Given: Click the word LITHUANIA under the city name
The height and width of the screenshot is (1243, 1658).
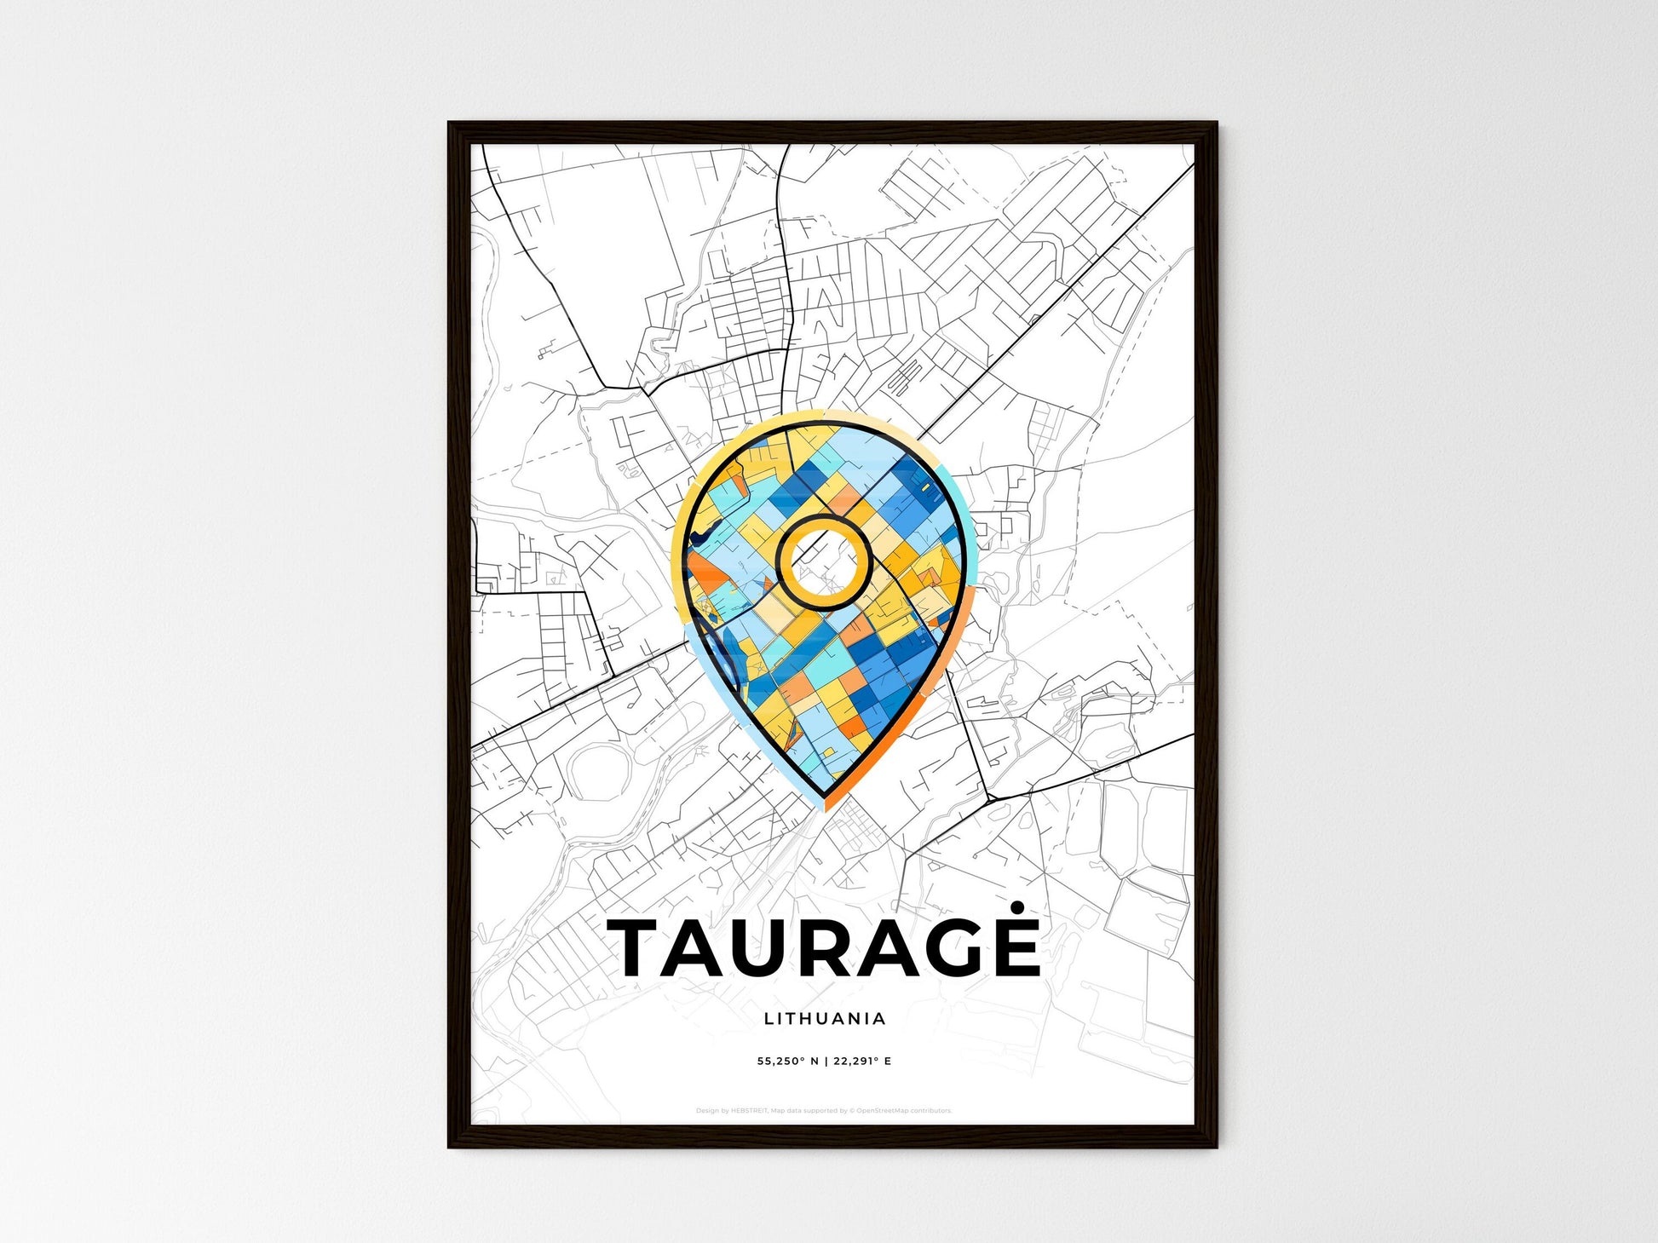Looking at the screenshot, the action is tap(825, 1018).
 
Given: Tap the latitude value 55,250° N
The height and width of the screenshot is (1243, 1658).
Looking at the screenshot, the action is tap(788, 1062).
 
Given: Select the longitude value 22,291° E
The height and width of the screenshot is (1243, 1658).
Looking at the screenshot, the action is tap(863, 1062).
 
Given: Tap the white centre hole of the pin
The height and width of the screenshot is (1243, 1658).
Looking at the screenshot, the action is tap(823, 562).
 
